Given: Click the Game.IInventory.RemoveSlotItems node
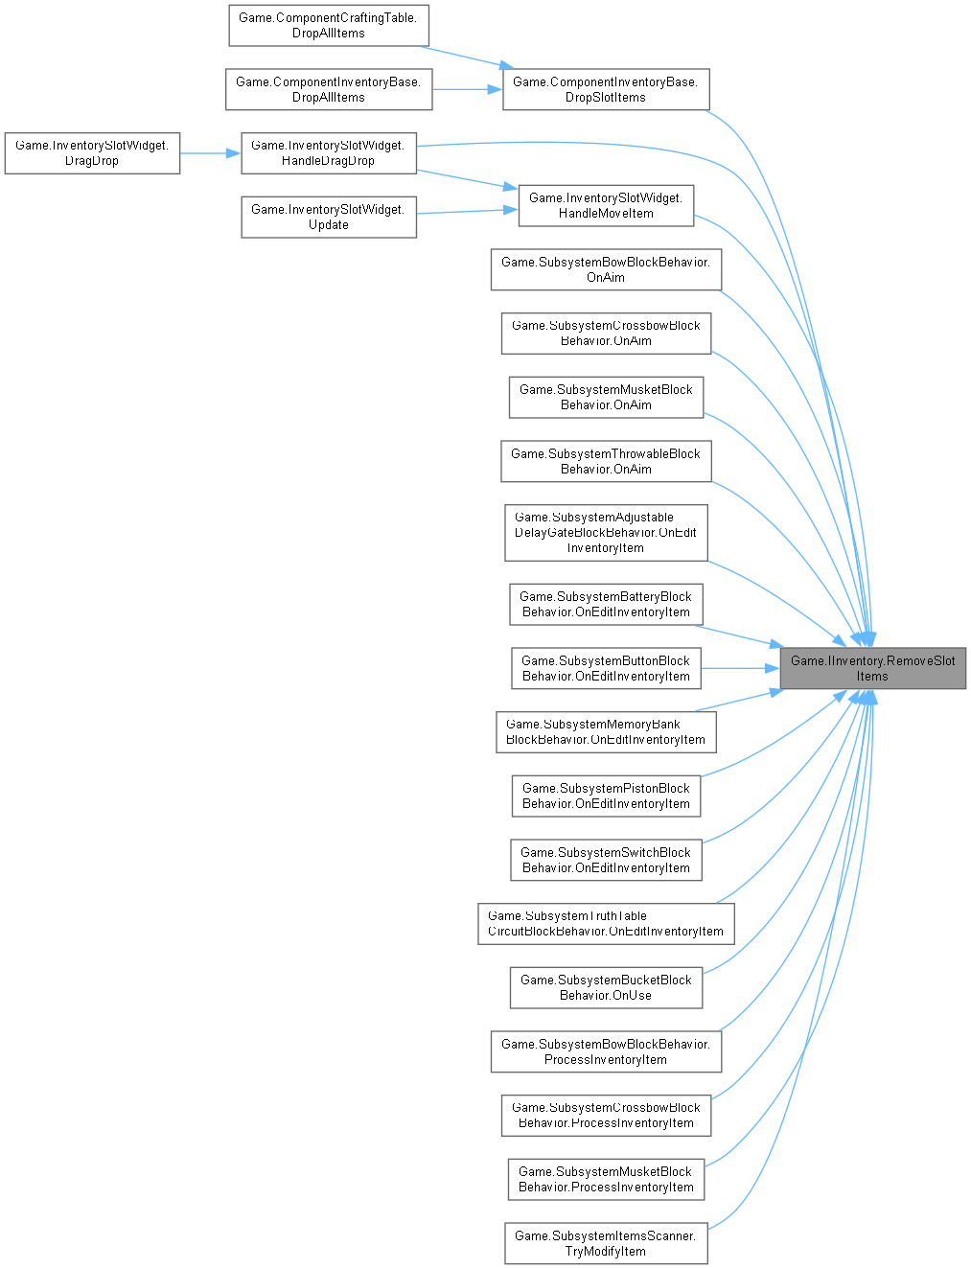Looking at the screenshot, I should point(872,668).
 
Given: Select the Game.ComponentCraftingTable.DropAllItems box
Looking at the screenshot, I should point(328,25).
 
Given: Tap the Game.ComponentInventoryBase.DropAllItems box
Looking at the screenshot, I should point(328,89).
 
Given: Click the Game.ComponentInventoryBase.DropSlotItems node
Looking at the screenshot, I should point(606,89).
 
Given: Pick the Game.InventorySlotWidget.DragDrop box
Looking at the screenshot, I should point(92,152).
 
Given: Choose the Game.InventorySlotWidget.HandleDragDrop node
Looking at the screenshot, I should point(328,152).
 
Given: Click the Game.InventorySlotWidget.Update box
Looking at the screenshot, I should point(328,217).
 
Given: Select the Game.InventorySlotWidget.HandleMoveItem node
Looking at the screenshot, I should point(606,205).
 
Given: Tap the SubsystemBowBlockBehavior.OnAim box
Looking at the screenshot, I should point(606,269).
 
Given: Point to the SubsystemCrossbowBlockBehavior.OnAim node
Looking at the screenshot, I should point(606,333).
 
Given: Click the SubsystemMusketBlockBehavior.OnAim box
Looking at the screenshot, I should point(606,397).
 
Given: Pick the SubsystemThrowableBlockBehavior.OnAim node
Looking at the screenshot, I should point(606,461).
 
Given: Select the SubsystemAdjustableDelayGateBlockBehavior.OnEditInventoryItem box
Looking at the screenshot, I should point(606,532).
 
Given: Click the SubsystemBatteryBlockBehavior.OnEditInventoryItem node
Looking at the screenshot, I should point(606,604).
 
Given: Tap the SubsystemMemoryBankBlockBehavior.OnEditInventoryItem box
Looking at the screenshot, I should point(606,731).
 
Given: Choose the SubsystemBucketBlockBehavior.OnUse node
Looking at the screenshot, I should point(606,987).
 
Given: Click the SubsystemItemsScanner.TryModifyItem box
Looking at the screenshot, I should point(606,1243).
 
